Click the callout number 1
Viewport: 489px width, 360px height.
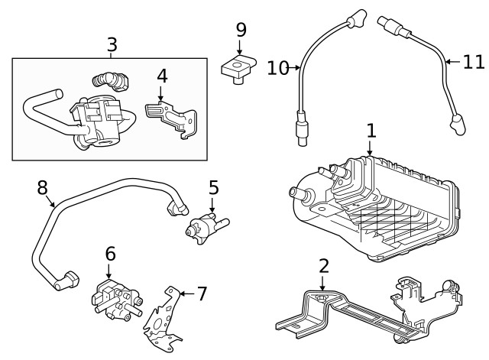point(371,131)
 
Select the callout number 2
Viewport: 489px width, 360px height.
point(324,266)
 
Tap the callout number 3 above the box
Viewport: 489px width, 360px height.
point(112,44)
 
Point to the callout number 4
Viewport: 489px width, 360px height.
point(161,76)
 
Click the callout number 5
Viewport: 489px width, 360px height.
point(214,187)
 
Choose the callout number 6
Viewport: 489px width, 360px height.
point(109,253)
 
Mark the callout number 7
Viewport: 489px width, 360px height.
point(202,293)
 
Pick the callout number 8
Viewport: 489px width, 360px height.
point(43,187)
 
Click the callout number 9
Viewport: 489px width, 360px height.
point(241,30)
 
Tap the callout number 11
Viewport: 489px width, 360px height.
point(474,60)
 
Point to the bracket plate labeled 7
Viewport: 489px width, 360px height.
point(164,317)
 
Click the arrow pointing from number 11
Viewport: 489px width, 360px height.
point(452,60)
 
